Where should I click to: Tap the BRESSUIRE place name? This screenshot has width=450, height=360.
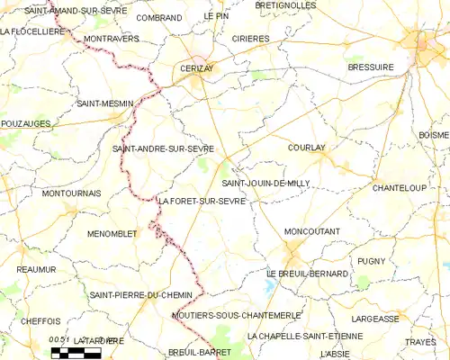point(371,67)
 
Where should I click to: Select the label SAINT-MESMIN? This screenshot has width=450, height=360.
point(104,103)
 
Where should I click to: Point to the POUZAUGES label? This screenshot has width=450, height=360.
point(25,123)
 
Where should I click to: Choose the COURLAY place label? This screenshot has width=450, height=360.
point(307,148)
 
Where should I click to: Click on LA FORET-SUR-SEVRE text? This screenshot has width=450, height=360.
point(202,202)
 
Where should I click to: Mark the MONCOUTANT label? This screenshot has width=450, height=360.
point(311,231)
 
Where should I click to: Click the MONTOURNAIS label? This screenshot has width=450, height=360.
point(71,193)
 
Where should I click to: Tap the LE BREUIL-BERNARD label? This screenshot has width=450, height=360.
point(307,273)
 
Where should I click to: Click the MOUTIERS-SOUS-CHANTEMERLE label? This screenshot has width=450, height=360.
point(236,315)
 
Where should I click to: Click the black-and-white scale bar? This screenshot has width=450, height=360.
point(76,352)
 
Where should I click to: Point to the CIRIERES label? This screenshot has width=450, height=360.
point(250,39)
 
